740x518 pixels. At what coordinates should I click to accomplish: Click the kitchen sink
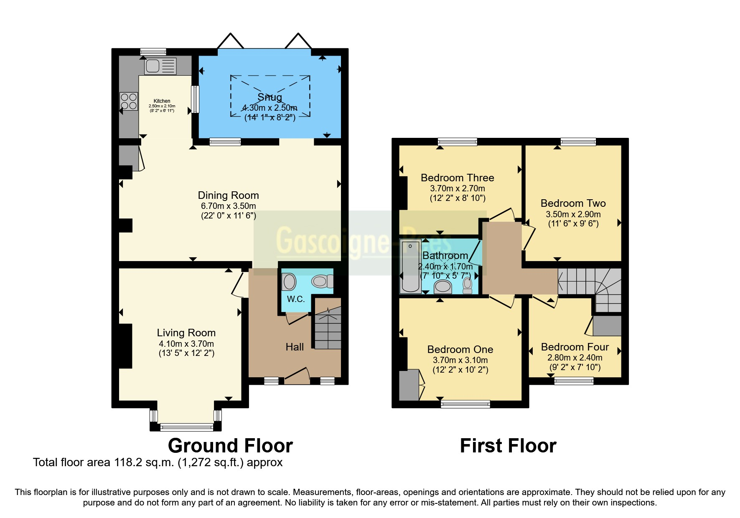160,66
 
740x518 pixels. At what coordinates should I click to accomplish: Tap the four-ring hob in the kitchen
129,102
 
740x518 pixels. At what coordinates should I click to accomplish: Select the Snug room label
270,97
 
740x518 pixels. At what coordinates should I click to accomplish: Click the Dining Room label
228,195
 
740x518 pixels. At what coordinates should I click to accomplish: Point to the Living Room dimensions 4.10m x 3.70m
186,344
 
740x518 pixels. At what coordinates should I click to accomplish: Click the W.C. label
295,299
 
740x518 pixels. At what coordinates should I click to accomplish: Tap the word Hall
295,347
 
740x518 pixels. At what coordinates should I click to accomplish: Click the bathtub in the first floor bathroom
410,266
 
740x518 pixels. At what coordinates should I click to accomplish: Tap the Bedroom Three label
457,178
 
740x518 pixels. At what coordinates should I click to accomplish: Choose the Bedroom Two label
573,203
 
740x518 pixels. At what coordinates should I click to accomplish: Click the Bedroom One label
460,349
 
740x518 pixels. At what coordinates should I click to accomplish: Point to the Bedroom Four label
575,347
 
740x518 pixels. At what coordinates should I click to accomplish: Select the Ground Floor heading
230,446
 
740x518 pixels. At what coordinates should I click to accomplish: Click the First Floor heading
508,446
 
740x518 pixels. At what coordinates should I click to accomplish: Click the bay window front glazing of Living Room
186,427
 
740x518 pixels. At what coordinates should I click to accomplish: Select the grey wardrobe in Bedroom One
409,385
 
